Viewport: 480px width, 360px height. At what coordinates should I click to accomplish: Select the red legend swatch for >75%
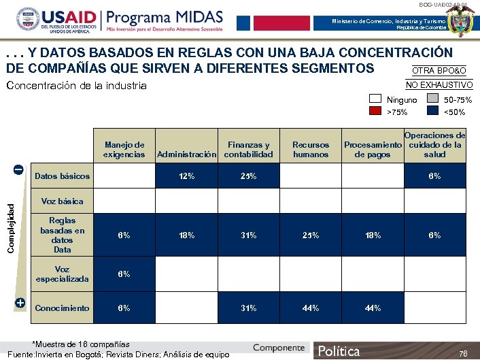(375, 112)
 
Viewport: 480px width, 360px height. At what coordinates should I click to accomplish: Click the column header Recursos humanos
(310, 149)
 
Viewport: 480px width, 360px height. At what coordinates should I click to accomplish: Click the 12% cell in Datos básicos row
(186, 176)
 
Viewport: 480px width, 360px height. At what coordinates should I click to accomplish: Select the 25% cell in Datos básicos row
(248, 176)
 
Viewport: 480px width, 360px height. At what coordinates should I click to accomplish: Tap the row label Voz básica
(62, 201)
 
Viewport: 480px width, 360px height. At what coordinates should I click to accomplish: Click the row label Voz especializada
(62, 274)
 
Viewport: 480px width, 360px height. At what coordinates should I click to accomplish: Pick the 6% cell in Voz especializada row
(124, 274)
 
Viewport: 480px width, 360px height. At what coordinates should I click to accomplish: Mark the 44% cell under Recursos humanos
(310, 308)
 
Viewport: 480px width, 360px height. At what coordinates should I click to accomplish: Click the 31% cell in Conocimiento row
(248, 308)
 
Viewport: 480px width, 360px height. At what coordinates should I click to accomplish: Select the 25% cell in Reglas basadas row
(310, 235)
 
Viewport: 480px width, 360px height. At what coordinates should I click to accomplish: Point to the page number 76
(463, 353)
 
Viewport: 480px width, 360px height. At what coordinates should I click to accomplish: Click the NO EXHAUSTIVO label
(439, 84)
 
